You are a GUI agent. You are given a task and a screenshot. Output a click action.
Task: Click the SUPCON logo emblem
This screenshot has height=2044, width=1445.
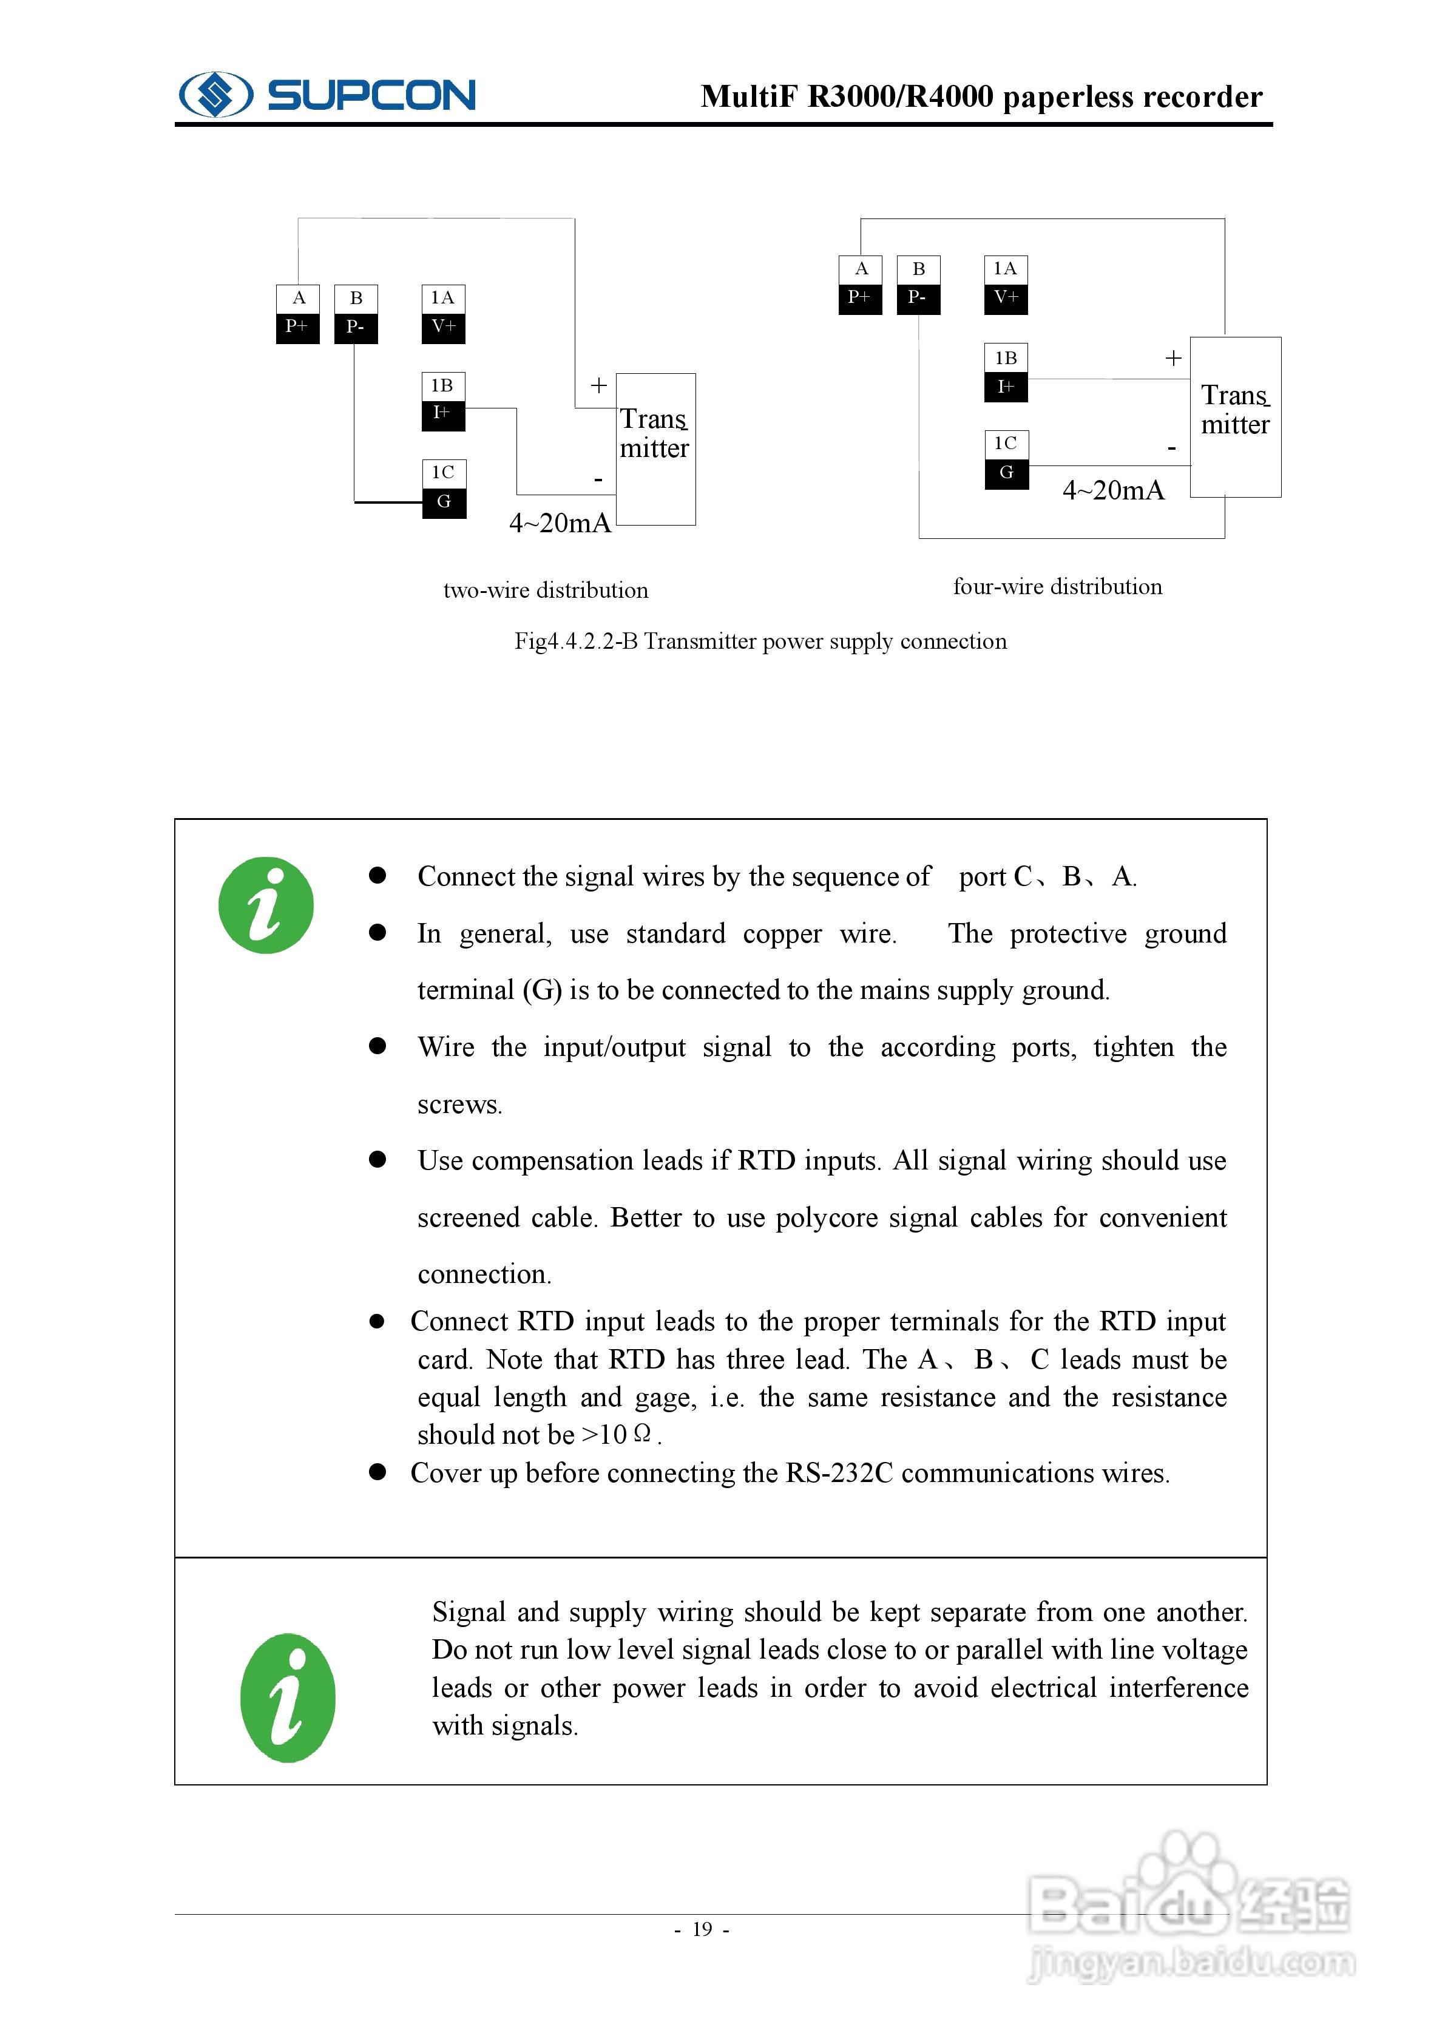click(215, 94)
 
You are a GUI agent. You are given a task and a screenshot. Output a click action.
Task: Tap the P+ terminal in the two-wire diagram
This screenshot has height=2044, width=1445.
click(297, 327)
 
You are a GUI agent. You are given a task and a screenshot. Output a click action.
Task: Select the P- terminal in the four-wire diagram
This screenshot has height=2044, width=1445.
click(918, 297)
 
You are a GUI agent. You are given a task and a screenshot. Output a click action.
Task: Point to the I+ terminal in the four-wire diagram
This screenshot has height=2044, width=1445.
click(1005, 387)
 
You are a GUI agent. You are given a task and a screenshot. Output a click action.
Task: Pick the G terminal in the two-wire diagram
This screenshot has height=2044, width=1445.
click(444, 501)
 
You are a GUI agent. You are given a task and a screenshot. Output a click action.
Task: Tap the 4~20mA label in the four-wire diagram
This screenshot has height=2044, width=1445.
click(1113, 490)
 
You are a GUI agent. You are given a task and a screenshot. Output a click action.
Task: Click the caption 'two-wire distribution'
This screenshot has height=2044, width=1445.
click(546, 591)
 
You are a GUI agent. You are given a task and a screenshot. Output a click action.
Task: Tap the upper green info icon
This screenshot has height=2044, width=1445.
click(266, 905)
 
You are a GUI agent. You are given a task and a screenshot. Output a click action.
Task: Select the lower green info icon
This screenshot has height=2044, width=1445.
click(288, 1697)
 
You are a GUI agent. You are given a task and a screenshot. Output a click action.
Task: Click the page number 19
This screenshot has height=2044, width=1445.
click(702, 1929)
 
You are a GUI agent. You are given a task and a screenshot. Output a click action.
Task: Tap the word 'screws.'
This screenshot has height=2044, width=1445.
click(459, 1105)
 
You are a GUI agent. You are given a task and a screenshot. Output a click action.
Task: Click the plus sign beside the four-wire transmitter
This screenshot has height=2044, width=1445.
click(1174, 358)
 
